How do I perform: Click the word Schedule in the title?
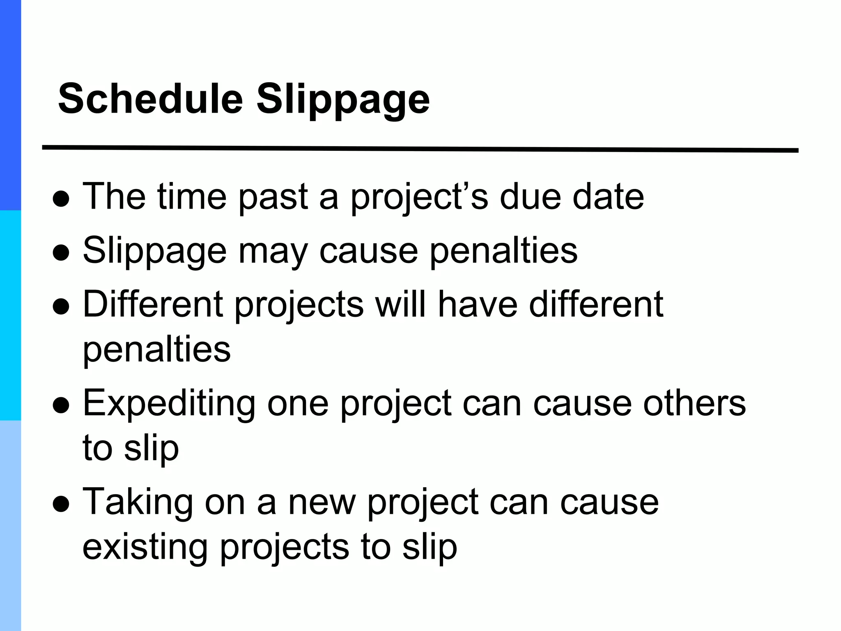(151, 99)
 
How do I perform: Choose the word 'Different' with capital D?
(153, 304)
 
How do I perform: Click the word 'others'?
(694, 403)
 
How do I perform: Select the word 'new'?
(322, 503)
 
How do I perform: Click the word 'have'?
(478, 304)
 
